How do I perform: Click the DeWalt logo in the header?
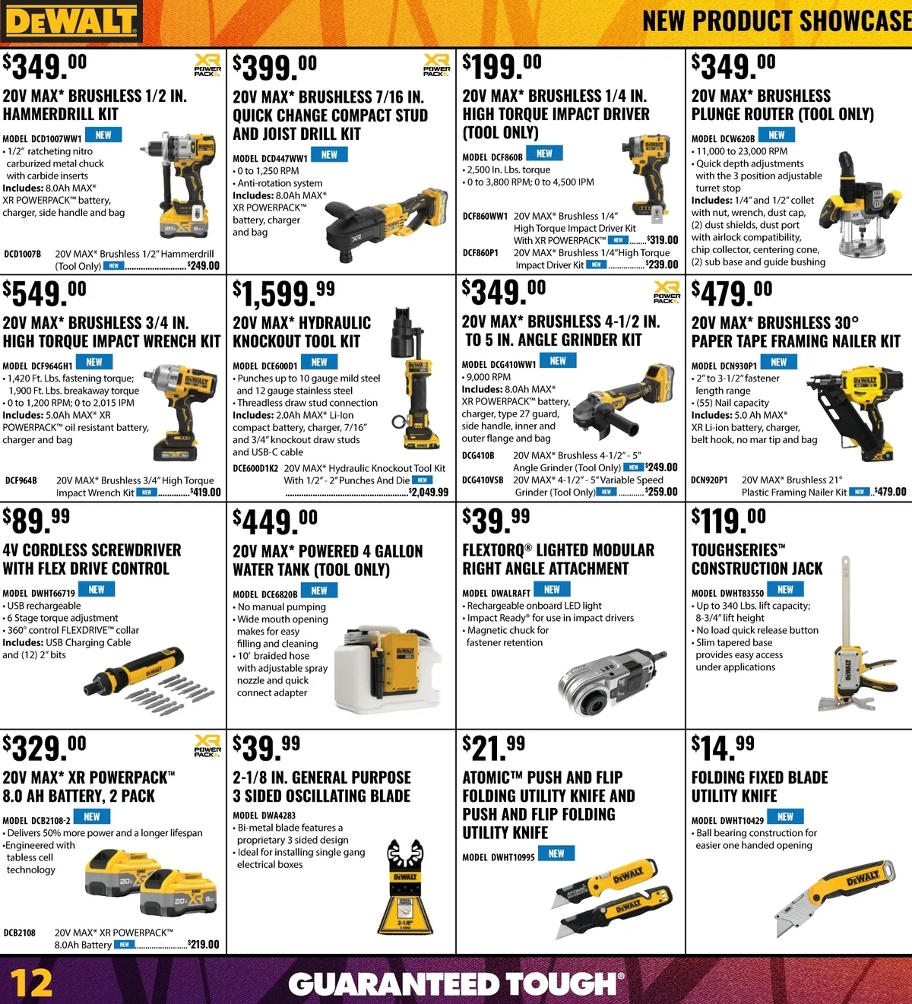point(71,21)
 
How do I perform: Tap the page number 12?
point(31,983)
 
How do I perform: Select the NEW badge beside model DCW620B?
point(777,135)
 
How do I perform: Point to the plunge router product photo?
point(860,204)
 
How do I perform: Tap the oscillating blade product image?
point(405,886)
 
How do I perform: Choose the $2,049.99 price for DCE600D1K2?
point(429,492)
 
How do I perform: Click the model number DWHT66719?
point(53,593)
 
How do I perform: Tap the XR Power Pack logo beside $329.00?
point(207,746)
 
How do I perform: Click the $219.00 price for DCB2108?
point(203,945)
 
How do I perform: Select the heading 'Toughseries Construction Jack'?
point(757,559)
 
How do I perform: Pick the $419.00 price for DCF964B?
point(205,492)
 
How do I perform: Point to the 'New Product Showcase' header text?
point(777,21)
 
